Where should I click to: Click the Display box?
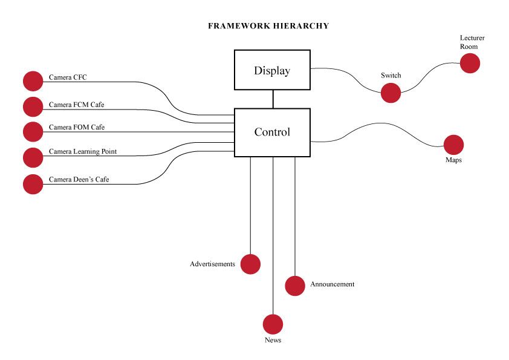272,70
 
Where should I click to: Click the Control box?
272,132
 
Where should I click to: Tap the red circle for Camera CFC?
33,81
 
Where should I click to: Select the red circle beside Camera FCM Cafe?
33,106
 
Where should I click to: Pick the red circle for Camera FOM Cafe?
33,131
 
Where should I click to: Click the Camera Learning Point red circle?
33,157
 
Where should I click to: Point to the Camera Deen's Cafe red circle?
33,184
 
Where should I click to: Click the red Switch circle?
391,93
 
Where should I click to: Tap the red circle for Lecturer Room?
470,63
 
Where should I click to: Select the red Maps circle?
453,145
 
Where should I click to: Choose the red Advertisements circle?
250,264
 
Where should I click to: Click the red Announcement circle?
294,286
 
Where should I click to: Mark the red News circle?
273,324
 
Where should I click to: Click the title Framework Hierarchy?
268,26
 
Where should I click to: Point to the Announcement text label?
332,284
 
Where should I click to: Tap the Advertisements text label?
212,264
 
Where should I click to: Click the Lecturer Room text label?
472,42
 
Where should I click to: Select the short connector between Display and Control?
273,99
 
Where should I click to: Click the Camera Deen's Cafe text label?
79,179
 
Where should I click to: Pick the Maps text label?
453,160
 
